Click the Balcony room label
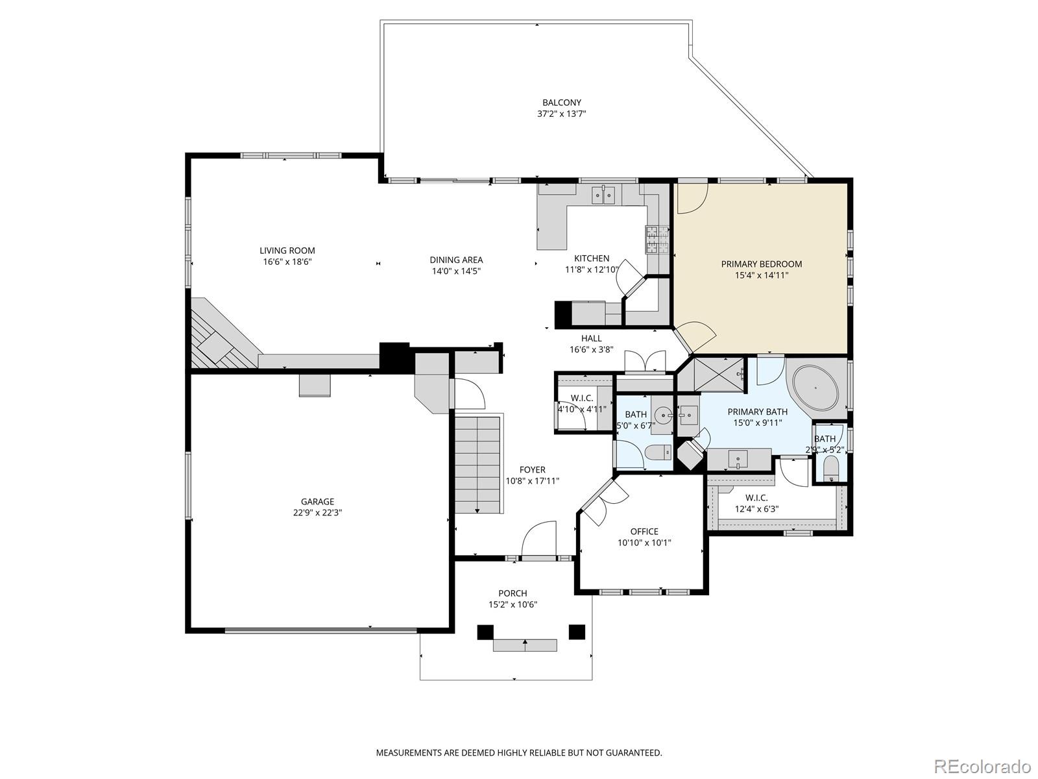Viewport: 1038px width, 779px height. click(x=561, y=103)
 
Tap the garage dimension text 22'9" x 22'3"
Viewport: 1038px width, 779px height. click(x=317, y=512)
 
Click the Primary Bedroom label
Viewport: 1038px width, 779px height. click(x=761, y=264)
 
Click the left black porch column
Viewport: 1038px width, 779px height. click(x=485, y=632)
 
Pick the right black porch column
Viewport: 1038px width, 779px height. click(x=577, y=632)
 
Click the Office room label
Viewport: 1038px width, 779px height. click(x=644, y=532)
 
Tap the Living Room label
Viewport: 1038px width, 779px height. click(x=287, y=251)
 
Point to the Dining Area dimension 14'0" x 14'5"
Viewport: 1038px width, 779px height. click(x=456, y=271)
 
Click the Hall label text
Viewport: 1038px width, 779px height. click(x=591, y=338)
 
